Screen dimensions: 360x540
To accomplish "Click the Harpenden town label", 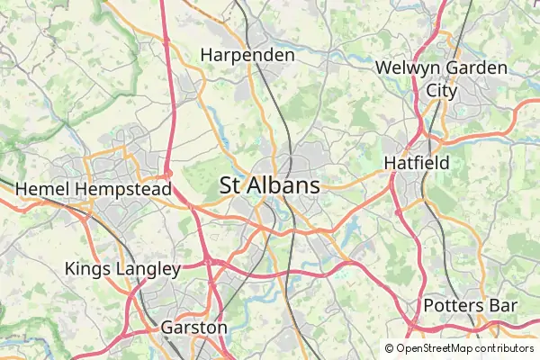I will (x=247, y=55).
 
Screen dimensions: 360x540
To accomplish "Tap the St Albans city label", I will (x=270, y=186).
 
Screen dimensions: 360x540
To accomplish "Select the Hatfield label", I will (x=416, y=163).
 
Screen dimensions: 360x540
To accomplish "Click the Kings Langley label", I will (x=122, y=268).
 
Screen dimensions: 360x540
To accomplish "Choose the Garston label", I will (x=193, y=328).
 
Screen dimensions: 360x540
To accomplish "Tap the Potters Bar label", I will (x=470, y=306).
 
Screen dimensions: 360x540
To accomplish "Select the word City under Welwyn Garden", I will (x=442, y=91).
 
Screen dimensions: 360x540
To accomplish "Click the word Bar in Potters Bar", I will (x=502, y=306).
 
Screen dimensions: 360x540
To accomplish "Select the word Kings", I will (x=85, y=268).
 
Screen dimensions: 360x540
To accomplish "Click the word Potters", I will (x=454, y=306).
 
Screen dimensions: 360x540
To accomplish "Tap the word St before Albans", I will (x=229, y=186).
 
